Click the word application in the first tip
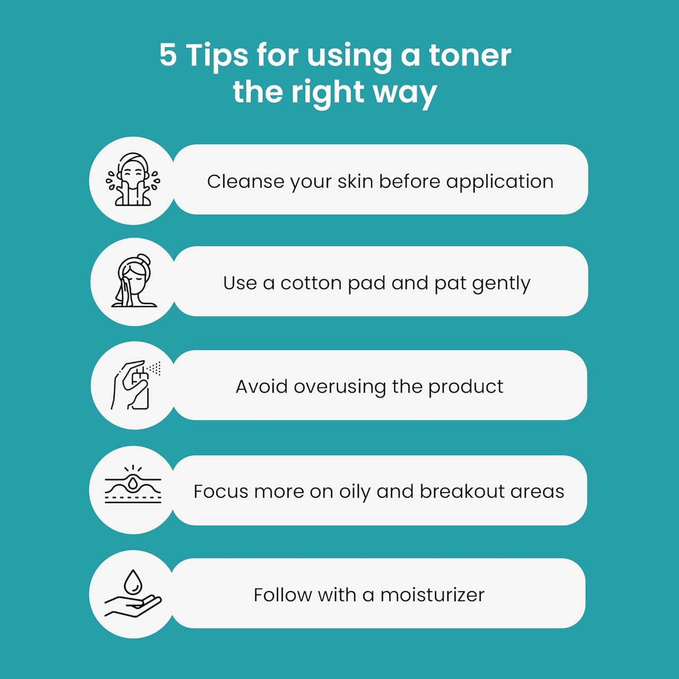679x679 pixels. tap(500, 182)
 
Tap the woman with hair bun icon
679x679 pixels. tap(134, 281)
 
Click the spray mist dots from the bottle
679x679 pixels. tap(154, 368)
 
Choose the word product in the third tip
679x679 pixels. tap(466, 387)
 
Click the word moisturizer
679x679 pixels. tap(432, 595)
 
